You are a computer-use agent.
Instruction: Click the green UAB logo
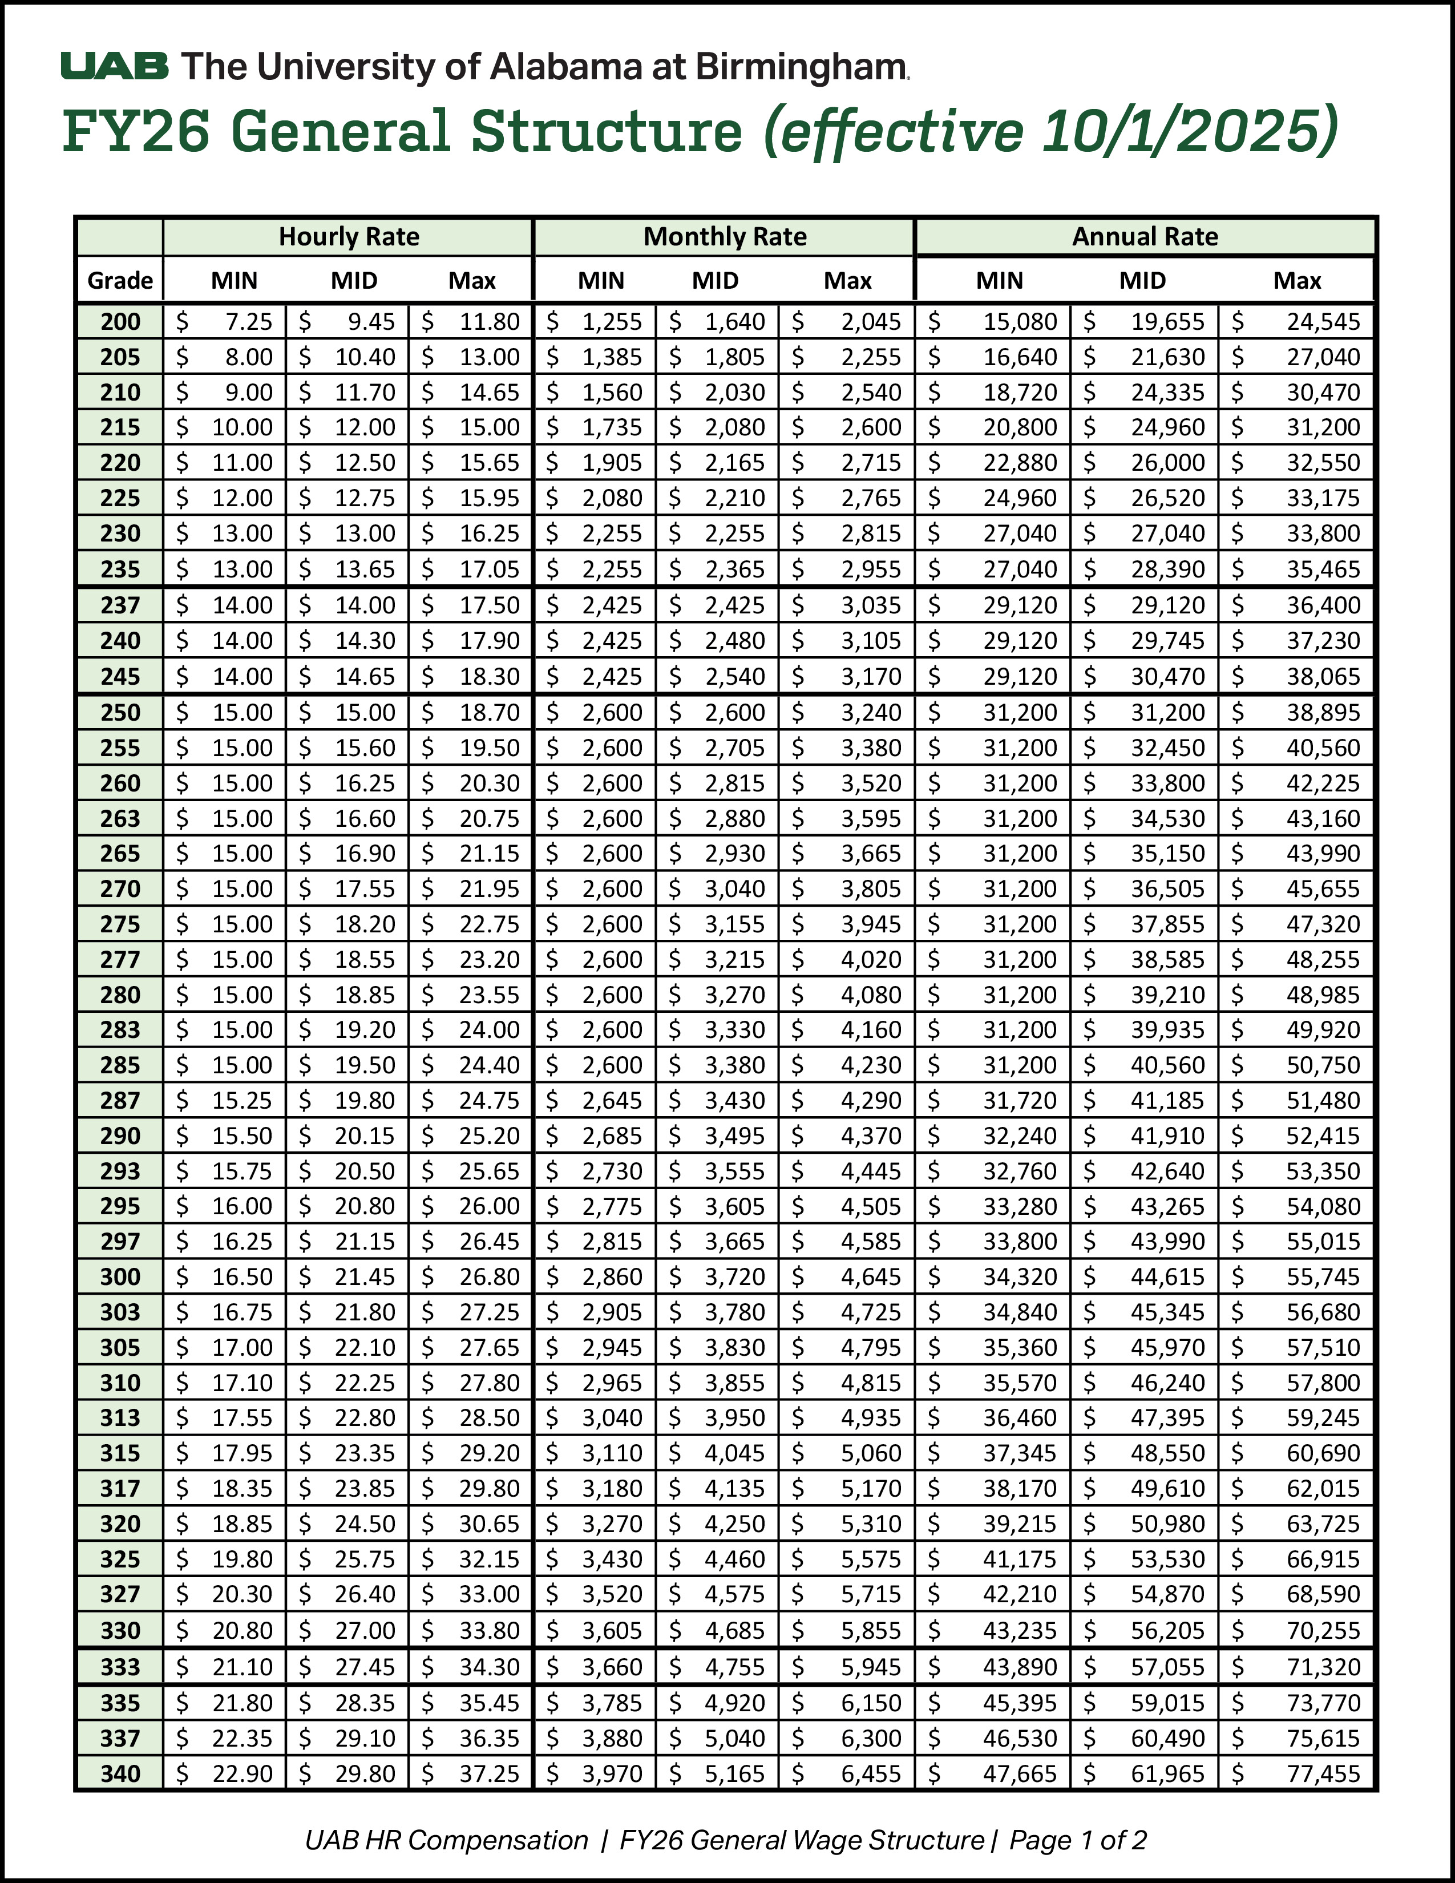115,66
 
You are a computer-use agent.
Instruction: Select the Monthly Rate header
724,237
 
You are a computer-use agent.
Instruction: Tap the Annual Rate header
1144,237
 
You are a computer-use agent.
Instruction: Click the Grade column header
120,280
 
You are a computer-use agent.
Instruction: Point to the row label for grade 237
120,605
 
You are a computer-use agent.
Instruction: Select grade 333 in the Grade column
120,1667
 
